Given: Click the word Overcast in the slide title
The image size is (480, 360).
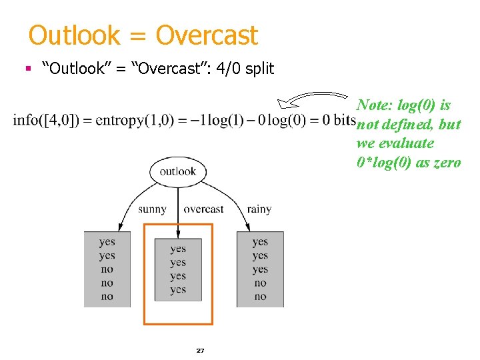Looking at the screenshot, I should [x=207, y=35].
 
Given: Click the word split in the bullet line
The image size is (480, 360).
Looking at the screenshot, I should [x=259, y=68].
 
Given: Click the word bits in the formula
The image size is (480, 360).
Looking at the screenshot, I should [x=343, y=120].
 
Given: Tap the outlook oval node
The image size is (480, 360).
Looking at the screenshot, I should [x=177, y=171].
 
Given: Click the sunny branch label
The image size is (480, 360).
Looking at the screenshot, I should [x=152, y=209].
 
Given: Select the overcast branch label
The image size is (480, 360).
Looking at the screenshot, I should [x=203, y=209].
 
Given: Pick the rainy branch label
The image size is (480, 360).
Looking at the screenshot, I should [x=259, y=209].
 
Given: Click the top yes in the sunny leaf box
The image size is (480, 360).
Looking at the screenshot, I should [x=107, y=242].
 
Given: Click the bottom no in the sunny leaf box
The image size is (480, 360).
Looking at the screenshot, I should [x=107, y=297].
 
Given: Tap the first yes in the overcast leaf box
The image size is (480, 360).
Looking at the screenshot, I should [x=178, y=249].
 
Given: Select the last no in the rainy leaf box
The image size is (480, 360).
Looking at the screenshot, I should [x=260, y=297].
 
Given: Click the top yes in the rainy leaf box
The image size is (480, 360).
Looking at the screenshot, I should [x=260, y=242].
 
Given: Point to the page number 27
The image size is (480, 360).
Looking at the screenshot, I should [x=200, y=350].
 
